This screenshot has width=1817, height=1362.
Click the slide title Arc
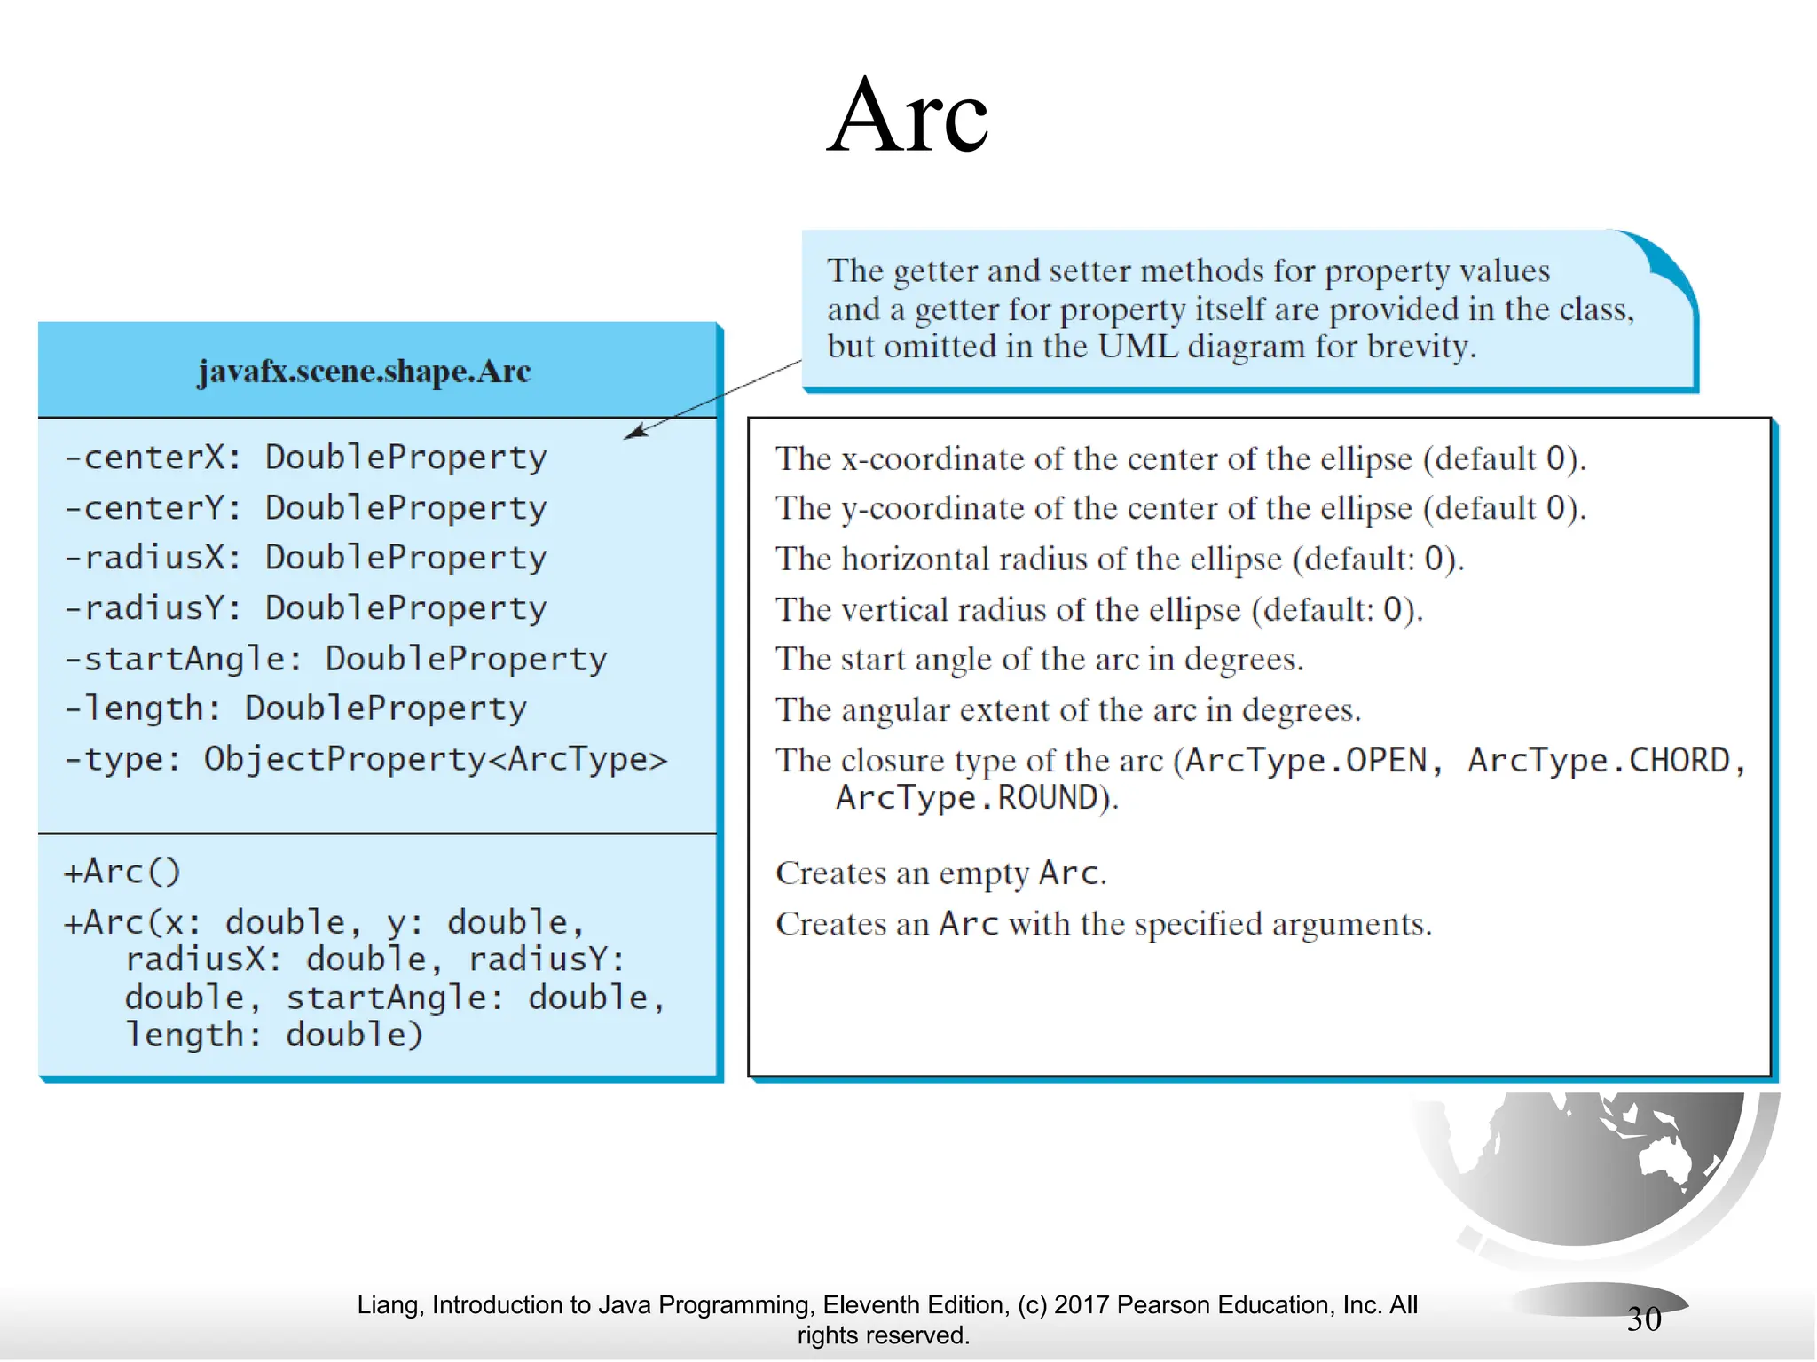[x=908, y=116]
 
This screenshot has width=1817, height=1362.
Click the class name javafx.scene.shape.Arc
[x=364, y=371]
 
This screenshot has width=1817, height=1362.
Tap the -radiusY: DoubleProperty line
[x=306, y=608]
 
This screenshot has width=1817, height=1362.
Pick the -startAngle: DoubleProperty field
[x=335, y=659]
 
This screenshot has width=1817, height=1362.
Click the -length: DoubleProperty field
[x=295, y=708]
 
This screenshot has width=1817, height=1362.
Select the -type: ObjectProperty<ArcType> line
[x=365, y=759]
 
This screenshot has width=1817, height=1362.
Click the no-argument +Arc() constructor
[x=122, y=872]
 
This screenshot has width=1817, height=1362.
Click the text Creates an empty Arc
[x=940, y=873]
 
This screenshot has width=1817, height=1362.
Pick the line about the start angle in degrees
[x=1039, y=660]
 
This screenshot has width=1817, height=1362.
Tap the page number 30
[x=1644, y=1319]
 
